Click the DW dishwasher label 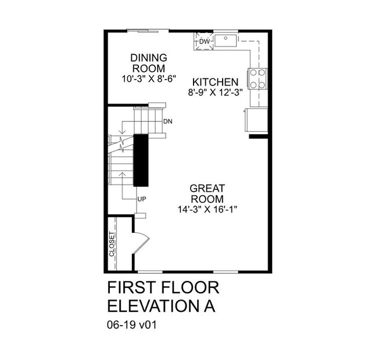[204, 42]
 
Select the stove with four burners [257, 78]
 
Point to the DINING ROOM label [149, 63]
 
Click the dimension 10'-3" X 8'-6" [149, 79]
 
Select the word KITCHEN [216, 82]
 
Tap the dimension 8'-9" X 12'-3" [215, 92]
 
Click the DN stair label [168, 121]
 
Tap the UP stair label [141, 199]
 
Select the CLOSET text [112, 246]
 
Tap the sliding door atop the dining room [148, 30]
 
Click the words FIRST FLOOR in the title [163, 289]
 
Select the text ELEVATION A [162, 307]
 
